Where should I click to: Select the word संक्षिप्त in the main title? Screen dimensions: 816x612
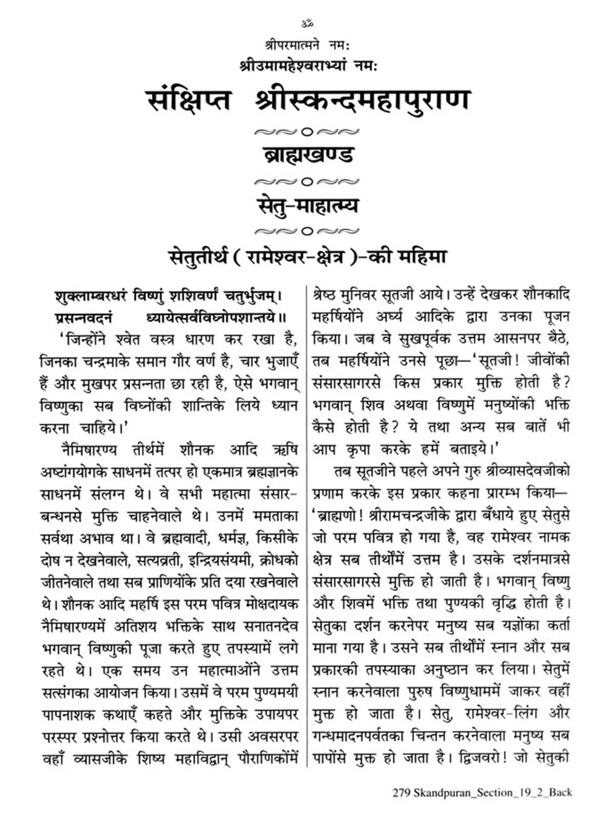(x=189, y=101)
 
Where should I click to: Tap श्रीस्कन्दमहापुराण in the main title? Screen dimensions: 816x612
(x=361, y=101)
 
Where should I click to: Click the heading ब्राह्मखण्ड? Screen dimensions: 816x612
(x=307, y=155)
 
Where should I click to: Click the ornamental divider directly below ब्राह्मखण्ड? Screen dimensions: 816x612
(x=307, y=181)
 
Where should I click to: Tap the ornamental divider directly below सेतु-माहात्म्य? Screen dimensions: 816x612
(x=307, y=231)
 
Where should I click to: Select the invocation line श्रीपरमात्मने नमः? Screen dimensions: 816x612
(x=307, y=45)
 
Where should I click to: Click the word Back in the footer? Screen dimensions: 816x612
(x=560, y=793)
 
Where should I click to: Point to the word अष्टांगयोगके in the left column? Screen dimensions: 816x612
(x=74, y=472)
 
